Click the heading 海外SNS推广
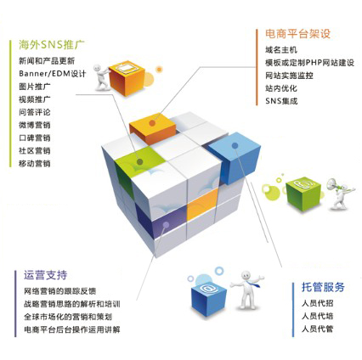tap(52, 45)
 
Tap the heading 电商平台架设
tap(298, 34)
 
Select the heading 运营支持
tap(46, 275)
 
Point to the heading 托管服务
tap(323, 287)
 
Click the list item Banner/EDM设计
tap(53, 74)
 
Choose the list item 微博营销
tap(35, 125)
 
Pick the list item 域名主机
tap(281, 50)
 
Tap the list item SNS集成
tap(281, 101)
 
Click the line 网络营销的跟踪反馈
tap(60, 291)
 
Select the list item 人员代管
tap(317, 329)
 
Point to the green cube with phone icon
tap(303, 193)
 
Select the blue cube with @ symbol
tap(209, 297)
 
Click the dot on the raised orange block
tap(152, 123)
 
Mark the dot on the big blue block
tap(235, 146)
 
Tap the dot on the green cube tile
tap(139, 162)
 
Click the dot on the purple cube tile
tap(167, 225)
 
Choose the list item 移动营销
tap(35, 164)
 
